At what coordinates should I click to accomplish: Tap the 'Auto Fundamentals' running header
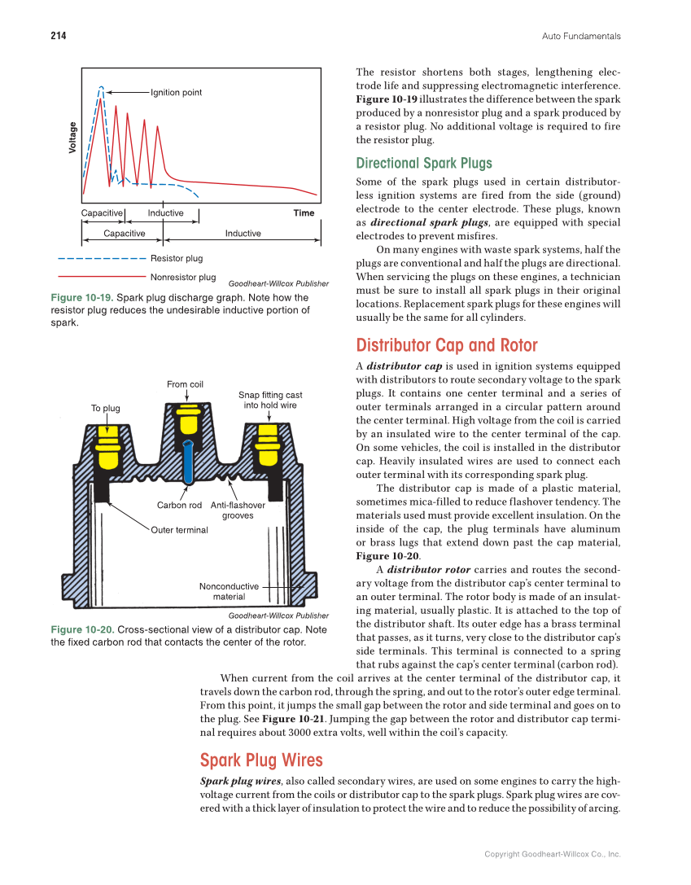click(581, 36)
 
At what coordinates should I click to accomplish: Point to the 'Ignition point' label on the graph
click(176, 92)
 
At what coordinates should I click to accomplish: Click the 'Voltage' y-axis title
click(72, 138)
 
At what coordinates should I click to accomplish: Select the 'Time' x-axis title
click(303, 213)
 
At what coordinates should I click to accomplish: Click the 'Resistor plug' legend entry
click(177, 259)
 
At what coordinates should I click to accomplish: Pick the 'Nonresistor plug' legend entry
click(183, 278)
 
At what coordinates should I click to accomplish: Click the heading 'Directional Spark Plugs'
click(424, 163)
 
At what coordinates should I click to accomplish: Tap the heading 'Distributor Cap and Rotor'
click(447, 344)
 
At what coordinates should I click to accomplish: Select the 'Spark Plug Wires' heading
click(261, 760)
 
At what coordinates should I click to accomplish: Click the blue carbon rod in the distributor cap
click(188, 461)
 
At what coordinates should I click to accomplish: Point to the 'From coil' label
click(185, 384)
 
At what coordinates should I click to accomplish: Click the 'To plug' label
click(105, 408)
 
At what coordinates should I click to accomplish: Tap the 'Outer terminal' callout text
click(179, 530)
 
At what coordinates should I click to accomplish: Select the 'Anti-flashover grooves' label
click(238, 510)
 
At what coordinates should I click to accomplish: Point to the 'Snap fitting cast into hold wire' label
click(270, 400)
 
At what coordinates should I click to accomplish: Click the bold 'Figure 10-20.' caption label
click(82, 630)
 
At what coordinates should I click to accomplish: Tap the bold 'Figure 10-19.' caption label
click(82, 298)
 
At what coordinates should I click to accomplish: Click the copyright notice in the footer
click(552, 854)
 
